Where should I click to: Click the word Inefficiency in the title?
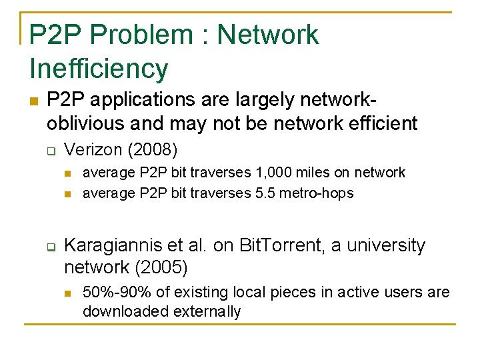[99, 68]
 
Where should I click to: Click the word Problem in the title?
[141, 35]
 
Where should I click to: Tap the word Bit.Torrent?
[273, 245]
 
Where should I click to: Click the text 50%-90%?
[111, 292]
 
